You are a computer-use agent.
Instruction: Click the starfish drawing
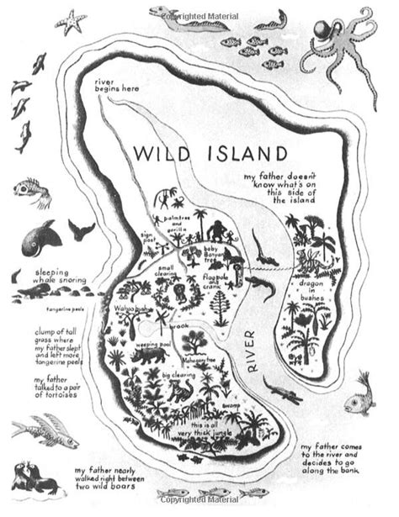pyautogui.click(x=71, y=21)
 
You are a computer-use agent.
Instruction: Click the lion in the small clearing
pyautogui.click(x=182, y=292)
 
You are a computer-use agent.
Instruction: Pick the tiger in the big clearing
pyautogui.click(x=179, y=391)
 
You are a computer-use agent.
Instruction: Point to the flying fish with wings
pyautogui.click(x=50, y=429)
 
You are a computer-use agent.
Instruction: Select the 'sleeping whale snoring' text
pyautogui.click(x=57, y=277)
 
